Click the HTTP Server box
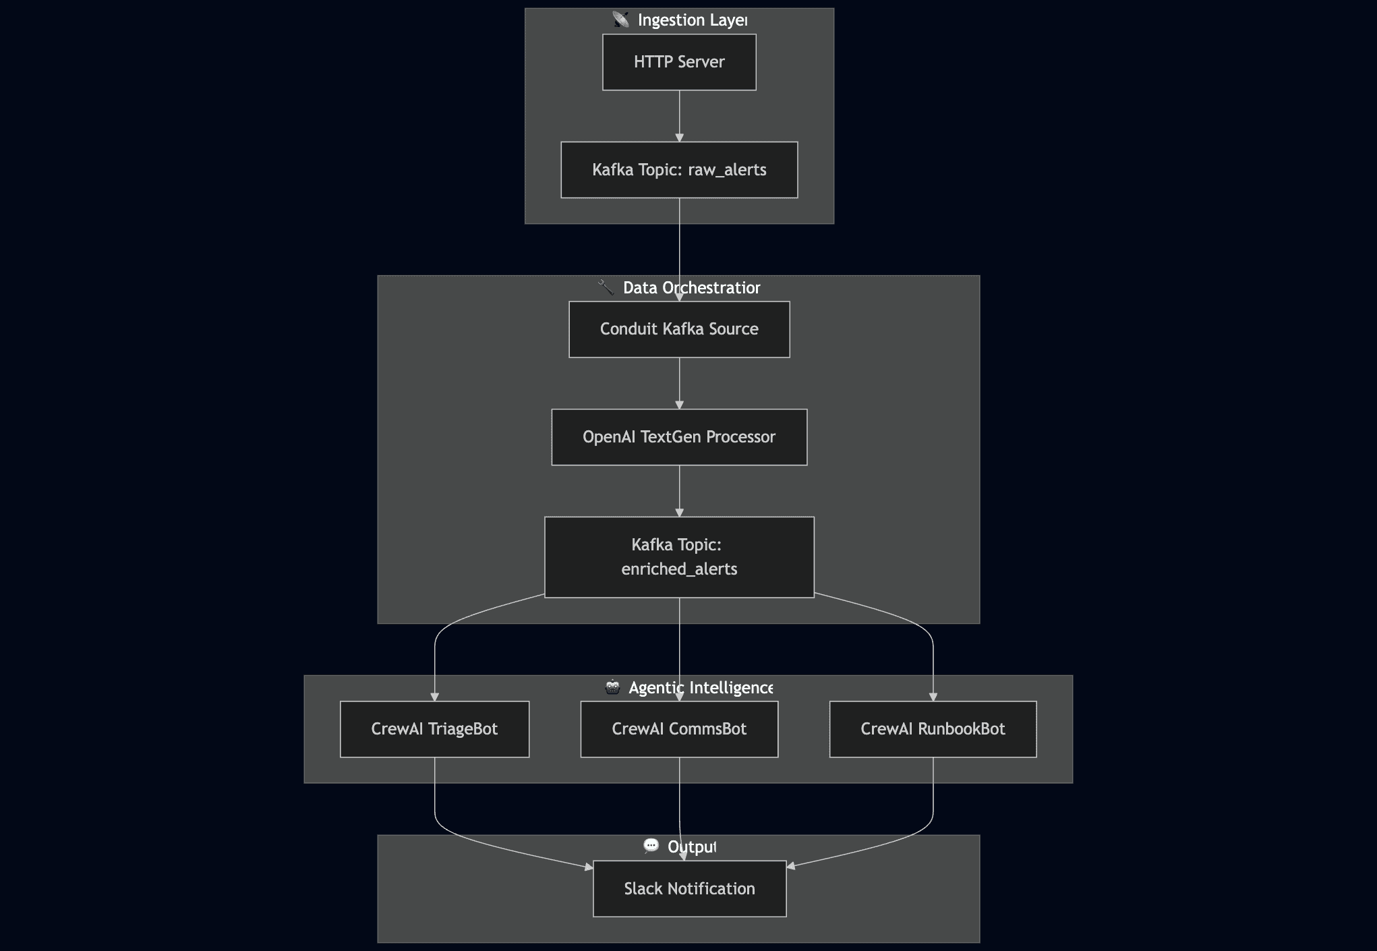point(679,62)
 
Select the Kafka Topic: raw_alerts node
point(679,170)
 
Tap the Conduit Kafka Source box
point(679,329)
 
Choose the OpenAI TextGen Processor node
point(679,437)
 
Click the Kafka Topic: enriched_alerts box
point(679,557)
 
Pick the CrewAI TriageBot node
point(434,729)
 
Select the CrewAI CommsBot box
point(679,729)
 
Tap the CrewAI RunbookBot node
point(933,729)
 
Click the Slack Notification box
point(689,889)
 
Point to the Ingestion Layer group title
point(693,20)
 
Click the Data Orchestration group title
point(692,288)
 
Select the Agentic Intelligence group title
point(701,688)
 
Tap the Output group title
point(692,847)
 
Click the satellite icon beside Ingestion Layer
point(621,20)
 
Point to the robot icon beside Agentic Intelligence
point(612,687)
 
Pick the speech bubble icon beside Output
point(651,846)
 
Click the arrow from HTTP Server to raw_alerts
point(679,116)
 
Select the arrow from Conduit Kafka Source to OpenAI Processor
point(679,383)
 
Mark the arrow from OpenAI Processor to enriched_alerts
point(679,491)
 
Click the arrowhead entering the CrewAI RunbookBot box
point(933,697)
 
